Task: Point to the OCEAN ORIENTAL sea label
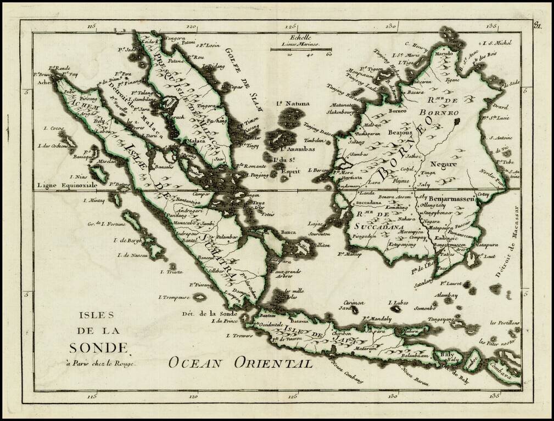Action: click(240, 362)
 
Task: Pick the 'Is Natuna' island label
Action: click(293, 103)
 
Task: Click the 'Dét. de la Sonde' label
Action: click(210, 314)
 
